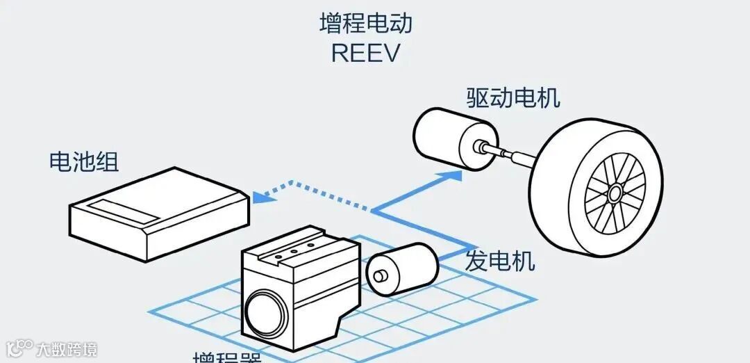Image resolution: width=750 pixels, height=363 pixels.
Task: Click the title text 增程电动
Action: point(365,23)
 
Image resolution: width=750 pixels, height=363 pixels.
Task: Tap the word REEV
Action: point(365,53)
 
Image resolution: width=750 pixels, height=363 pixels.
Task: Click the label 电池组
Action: point(83,162)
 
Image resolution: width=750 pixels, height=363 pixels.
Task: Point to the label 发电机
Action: point(500,261)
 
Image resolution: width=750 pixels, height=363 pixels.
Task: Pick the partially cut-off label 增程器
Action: point(226,357)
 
